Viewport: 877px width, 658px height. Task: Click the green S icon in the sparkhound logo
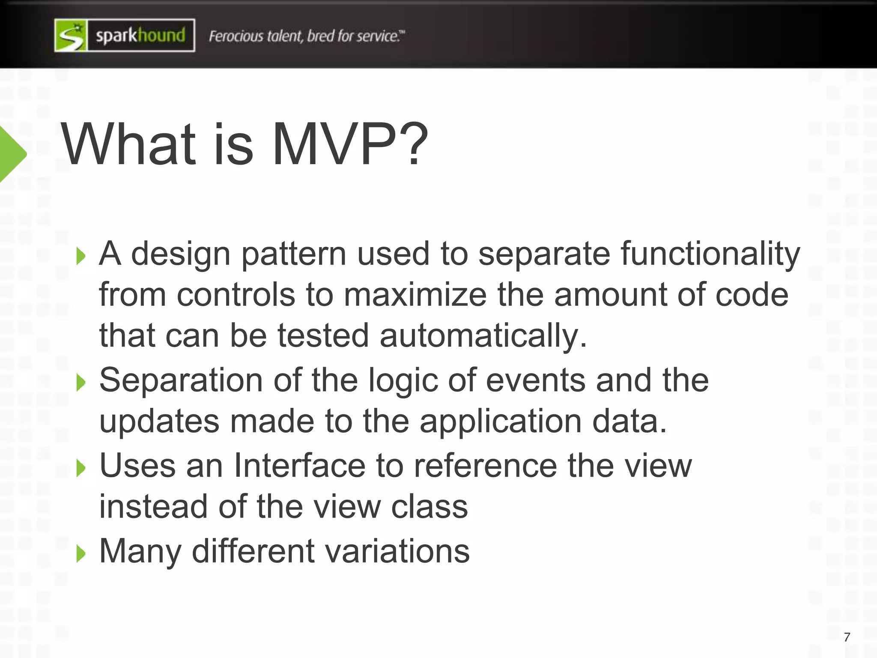click(x=71, y=36)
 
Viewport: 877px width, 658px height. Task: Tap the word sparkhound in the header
click(x=140, y=36)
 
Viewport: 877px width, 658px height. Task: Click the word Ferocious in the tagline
click(x=236, y=36)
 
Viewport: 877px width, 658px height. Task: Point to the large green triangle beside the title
click(x=12, y=154)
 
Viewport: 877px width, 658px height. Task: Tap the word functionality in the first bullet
click(x=710, y=254)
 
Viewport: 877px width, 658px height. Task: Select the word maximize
click(x=415, y=295)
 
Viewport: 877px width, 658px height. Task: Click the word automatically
click(x=483, y=335)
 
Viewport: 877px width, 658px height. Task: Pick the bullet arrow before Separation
click(x=81, y=382)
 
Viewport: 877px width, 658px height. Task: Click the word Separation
click(x=181, y=380)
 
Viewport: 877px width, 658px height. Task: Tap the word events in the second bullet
click(x=536, y=380)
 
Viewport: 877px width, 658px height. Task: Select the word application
click(x=500, y=422)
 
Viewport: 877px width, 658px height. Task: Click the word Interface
click(x=299, y=466)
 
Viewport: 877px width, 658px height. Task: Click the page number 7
click(x=847, y=637)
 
